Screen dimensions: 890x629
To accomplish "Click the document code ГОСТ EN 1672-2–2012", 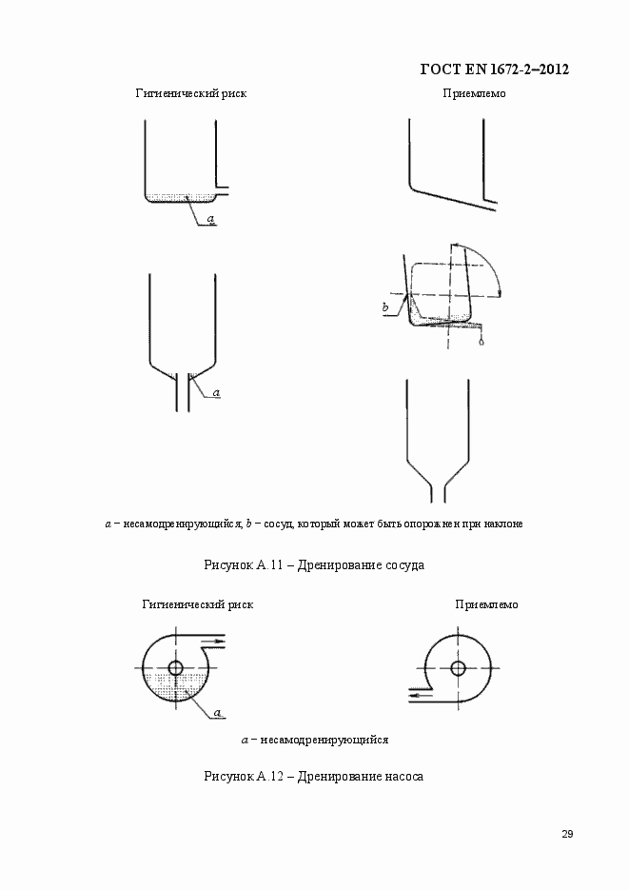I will (x=494, y=69).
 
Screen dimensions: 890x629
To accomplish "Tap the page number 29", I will (x=566, y=835).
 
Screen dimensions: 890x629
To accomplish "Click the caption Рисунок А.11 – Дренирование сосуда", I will (x=314, y=564).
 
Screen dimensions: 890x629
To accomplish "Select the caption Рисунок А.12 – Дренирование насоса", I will (x=314, y=776).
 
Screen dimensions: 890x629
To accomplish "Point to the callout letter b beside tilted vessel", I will (x=385, y=307).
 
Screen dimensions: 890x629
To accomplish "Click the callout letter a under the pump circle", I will (x=217, y=712).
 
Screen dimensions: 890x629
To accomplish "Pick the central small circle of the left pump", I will (x=175, y=667).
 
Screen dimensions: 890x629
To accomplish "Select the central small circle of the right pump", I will (x=458, y=667).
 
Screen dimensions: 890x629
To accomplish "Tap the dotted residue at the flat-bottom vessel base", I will (x=181, y=198).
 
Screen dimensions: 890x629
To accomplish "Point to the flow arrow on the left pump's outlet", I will (x=220, y=642).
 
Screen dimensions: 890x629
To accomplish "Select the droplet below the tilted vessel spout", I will (x=482, y=343).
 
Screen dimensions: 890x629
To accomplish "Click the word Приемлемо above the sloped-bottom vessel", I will (x=474, y=93).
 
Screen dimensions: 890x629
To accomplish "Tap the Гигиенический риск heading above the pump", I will (x=198, y=604).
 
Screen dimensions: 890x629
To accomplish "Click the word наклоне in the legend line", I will (x=502, y=524).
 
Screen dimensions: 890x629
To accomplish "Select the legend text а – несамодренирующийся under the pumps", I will (x=314, y=740).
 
